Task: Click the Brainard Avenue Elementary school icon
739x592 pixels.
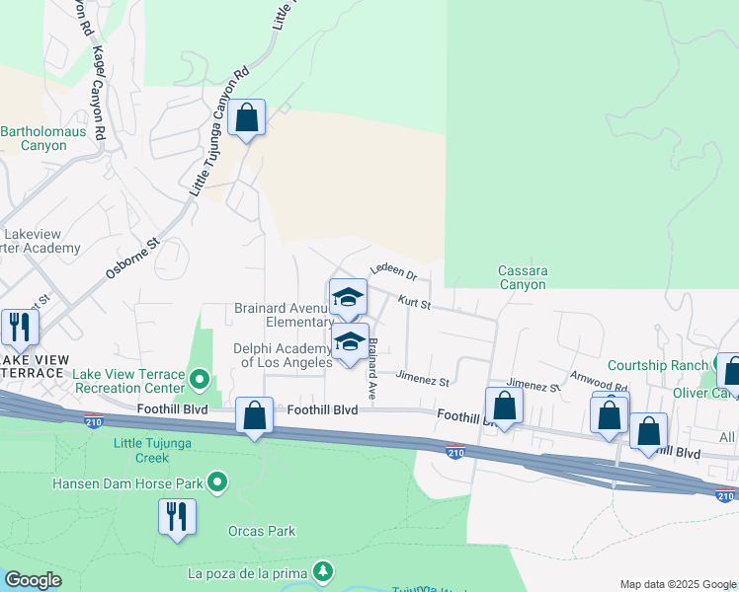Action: [x=348, y=297]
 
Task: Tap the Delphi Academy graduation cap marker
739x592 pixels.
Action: [x=349, y=342]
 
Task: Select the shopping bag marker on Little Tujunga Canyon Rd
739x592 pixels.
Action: [x=246, y=118]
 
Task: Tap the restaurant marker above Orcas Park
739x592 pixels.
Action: [x=177, y=516]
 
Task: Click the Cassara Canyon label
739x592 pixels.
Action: [x=523, y=277]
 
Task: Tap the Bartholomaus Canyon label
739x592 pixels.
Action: [x=34, y=138]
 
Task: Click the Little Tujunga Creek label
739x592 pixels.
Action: [x=154, y=450]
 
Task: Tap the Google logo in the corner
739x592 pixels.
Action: [x=34, y=580]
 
